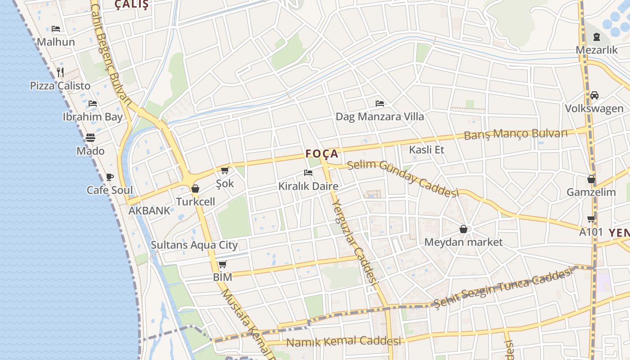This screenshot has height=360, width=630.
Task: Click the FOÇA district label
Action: tap(322, 153)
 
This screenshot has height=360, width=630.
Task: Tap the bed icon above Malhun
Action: tap(56, 29)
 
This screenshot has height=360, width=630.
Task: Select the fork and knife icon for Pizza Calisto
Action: tap(60, 72)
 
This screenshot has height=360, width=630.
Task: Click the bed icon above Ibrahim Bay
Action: tap(93, 103)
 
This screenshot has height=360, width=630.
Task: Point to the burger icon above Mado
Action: tap(90, 137)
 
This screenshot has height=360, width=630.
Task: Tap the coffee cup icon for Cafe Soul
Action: tap(109, 177)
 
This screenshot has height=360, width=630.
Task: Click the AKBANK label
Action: tap(149, 211)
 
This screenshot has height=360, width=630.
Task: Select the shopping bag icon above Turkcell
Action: tap(195, 189)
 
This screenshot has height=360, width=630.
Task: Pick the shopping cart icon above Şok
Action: tap(225, 170)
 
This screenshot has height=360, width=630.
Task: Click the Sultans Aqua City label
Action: tap(194, 245)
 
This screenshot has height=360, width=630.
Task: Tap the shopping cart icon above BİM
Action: tap(222, 264)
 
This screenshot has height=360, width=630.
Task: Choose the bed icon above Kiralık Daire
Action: tap(308, 173)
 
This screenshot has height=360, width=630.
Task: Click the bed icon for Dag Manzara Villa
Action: tap(380, 103)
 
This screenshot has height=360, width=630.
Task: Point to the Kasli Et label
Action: tap(427, 150)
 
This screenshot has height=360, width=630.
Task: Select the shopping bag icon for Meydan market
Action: tap(463, 229)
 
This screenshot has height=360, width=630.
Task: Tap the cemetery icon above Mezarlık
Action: tap(597, 37)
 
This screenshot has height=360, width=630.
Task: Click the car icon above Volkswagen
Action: tap(594, 95)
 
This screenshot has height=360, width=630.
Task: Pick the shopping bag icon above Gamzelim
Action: tap(591, 179)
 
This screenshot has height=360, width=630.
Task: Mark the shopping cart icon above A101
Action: tap(591, 219)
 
